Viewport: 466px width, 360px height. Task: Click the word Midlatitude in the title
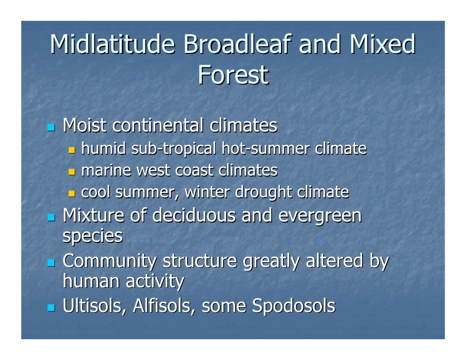coord(113,45)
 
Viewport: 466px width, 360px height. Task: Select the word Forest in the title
coord(233,76)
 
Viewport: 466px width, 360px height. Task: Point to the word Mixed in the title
coord(382,45)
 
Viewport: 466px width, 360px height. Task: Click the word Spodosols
coord(293,307)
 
